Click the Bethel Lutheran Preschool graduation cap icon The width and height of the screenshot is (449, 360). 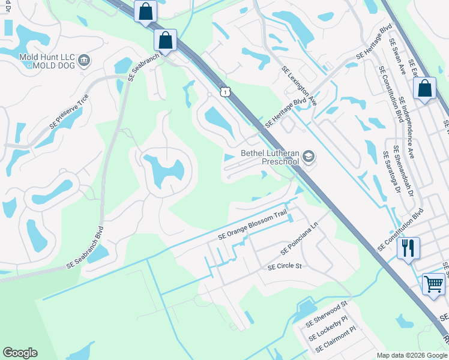(309, 157)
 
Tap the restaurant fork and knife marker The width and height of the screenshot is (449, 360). (408, 247)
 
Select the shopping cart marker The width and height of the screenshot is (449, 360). (433, 283)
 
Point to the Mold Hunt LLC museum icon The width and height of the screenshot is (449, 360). (84, 59)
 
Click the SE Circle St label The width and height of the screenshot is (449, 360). (285, 265)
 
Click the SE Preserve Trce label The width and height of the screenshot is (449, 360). (70, 111)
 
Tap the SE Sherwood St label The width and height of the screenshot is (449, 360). (327, 314)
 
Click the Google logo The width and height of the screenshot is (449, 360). (20, 353)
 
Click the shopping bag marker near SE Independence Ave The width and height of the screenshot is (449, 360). (424, 89)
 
